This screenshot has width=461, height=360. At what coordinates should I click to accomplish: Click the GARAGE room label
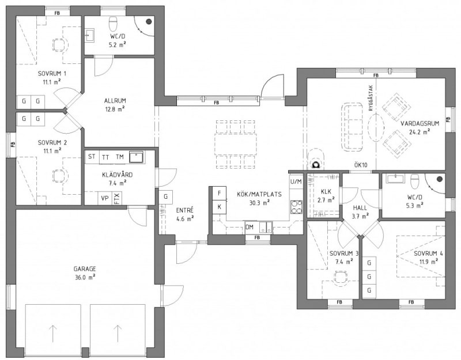pyautogui.click(x=85, y=269)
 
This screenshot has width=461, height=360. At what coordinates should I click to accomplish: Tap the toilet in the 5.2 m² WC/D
pyautogui.click(x=113, y=24)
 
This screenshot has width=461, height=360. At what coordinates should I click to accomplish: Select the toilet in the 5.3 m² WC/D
pyautogui.click(x=414, y=181)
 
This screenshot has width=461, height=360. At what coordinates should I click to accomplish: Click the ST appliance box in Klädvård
pyautogui.click(x=92, y=157)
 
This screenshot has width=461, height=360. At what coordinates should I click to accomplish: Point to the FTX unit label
pyautogui.click(x=117, y=198)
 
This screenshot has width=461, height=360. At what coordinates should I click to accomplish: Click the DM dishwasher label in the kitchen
pyautogui.click(x=250, y=227)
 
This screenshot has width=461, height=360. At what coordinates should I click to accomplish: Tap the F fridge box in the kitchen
pyautogui.click(x=220, y=193)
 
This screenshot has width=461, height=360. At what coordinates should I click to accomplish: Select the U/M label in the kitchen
pyautogui.click(x=296, y=181)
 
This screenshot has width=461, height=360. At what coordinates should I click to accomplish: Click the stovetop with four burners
pyautogui.click(x=296, y=207)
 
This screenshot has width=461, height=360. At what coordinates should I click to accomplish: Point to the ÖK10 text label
pyautogui.click(x=361, y=165)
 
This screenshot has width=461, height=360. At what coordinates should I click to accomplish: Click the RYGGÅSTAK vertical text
pyautogui.click(x=371, y=98)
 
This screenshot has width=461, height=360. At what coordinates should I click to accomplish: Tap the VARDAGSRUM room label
pyautogui.click(x=420, y=123)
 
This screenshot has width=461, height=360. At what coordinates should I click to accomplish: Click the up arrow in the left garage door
pyautogui.click(x=53, y=334)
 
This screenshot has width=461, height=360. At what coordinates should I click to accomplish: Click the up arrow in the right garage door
pyautogui.click(x=118, y=334)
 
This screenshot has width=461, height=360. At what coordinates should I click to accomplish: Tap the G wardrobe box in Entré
pyautogui.click(x=166, y=196)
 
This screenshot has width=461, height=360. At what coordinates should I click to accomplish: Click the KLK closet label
pyautogui.click(x=326, y=192)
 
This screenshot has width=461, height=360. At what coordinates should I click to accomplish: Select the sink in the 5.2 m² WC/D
pyautogui.click(x=89, y=36)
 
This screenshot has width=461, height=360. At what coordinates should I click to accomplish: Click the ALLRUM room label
pyautogui.click(x=115, y=101)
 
